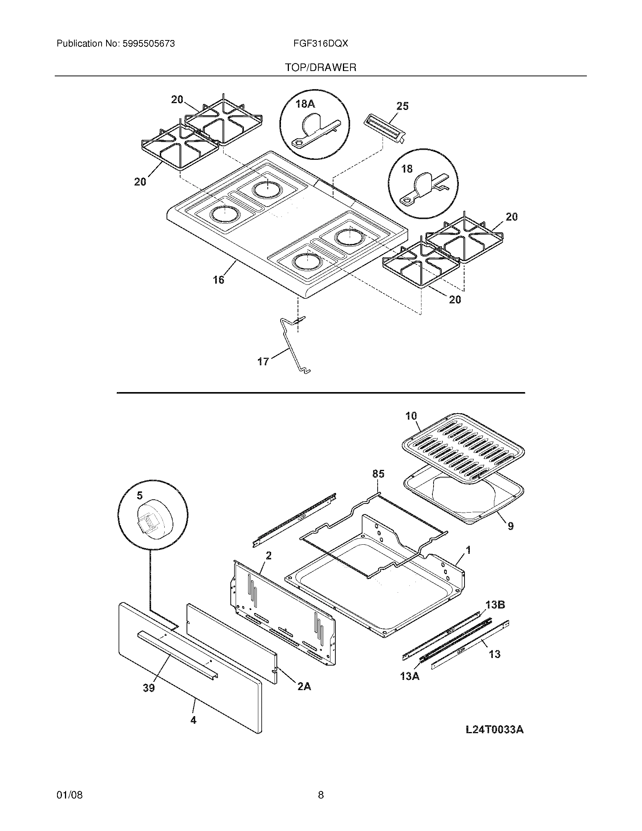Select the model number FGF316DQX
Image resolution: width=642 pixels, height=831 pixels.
coord(320,44)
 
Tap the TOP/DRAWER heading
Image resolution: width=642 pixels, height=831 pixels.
coord(321,68)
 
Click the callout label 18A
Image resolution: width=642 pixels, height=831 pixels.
coord(306,104)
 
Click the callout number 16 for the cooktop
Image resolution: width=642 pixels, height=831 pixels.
coord(218,280)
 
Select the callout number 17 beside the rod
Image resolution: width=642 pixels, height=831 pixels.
coord(263,361)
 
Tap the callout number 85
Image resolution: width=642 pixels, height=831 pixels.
coord(378,474)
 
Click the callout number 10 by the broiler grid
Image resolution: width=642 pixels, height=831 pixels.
coord(411,416)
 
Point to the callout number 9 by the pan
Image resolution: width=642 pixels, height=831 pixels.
coord(511,526)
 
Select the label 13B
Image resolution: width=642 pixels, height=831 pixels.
coord(495,605)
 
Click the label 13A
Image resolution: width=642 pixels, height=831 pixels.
coord(410,677)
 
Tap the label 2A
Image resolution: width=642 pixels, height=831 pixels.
coord(304,686)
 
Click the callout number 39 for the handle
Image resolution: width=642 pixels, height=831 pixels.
coord(149,687)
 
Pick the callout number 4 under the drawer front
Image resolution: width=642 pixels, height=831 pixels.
coord(193,720)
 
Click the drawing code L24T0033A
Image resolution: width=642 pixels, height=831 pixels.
coord(494,729)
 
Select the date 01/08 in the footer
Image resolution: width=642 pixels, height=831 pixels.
coord(69,795)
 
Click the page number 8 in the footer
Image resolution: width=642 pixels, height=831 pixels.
coord(321,795)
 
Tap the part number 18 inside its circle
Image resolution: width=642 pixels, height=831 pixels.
coord(407,169)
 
